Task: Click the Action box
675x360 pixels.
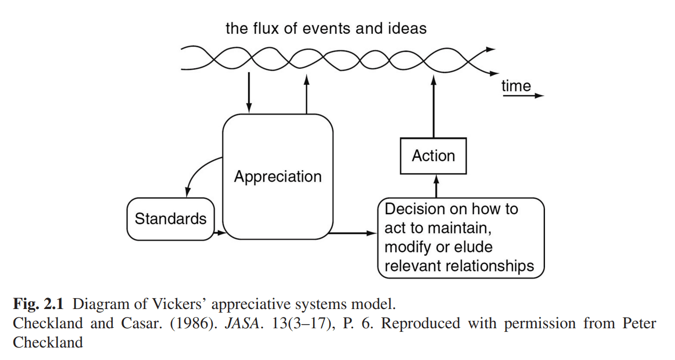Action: (x=433, y=156)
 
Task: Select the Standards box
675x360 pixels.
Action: (x=171, y=218)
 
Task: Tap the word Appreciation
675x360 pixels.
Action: (x=278, y=176)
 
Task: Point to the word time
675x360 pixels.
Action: (x=516, y=86)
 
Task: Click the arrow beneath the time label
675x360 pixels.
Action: (x=523, y=96)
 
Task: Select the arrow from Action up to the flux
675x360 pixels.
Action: (x=433, y=107)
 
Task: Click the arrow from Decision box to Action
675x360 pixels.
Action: (x=436, y=186)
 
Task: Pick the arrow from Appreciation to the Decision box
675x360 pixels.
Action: (x=354, y=233)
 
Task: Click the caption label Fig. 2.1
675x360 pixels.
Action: (x=35, y=302)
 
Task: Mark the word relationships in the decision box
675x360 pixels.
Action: (x=488, y=266)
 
